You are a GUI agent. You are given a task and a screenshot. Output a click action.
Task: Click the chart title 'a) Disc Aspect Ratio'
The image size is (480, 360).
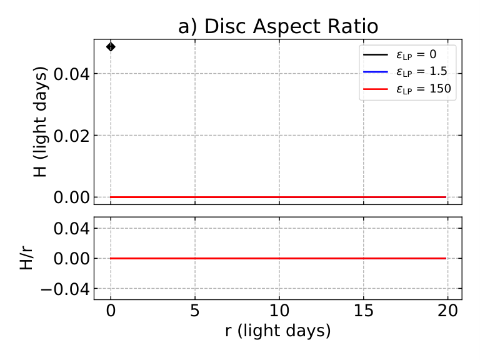coord(278,26)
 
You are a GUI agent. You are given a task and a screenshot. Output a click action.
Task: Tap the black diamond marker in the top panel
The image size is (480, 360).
coord(111,47)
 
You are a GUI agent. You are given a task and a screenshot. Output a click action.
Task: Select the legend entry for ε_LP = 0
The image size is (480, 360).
coord(399,54)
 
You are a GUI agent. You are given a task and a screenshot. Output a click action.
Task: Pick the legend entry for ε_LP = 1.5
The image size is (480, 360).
coord(405,72)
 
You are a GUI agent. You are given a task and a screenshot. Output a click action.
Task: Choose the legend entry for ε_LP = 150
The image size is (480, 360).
coord(407,89)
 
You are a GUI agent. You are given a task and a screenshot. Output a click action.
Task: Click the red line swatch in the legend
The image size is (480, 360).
coord(375,89)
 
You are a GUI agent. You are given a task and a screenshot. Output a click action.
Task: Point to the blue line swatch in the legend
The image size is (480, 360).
coord(375,72)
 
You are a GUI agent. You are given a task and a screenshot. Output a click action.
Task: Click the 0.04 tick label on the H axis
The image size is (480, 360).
coord(72,74)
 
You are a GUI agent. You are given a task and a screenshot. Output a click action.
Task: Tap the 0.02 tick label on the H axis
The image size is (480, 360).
coord(72,136)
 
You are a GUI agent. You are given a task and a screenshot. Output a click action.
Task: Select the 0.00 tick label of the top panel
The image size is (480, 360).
coord(72,197)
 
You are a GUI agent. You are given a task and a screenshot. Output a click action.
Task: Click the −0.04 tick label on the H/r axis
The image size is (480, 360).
coord(65,289)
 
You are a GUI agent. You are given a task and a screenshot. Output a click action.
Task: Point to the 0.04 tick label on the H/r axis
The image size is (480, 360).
coord(72,228)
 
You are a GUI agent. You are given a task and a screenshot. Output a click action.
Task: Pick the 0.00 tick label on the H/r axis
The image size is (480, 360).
coord(72,259)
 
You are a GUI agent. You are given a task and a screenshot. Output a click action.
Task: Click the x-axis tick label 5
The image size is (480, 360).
coord(195,311)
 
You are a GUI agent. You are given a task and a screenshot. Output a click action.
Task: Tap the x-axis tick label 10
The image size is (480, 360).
coord(279,311)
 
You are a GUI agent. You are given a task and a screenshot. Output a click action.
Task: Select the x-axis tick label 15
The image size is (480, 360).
coord(363,311)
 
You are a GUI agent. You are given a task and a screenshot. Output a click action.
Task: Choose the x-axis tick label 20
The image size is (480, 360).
coord(448,311)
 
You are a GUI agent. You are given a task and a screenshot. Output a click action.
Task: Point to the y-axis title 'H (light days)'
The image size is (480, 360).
coord(41,121)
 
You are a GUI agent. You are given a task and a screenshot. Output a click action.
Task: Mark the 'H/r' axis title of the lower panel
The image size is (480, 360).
coord(26,258)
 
